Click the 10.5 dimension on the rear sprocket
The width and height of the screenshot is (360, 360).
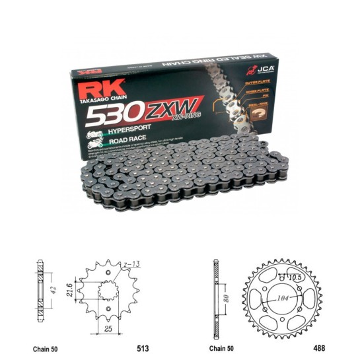tap(295, 277)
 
